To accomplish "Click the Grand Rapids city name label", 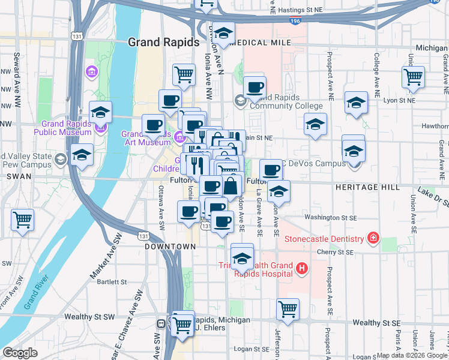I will tap(164, 43).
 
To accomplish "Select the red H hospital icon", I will tap(302, 268).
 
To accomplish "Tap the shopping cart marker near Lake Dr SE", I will tap(288, 310).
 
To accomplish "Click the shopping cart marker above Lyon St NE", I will tap(414, 77).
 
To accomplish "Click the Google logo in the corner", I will tap(20, 353).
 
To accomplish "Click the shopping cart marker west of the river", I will tap(22, 220).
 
